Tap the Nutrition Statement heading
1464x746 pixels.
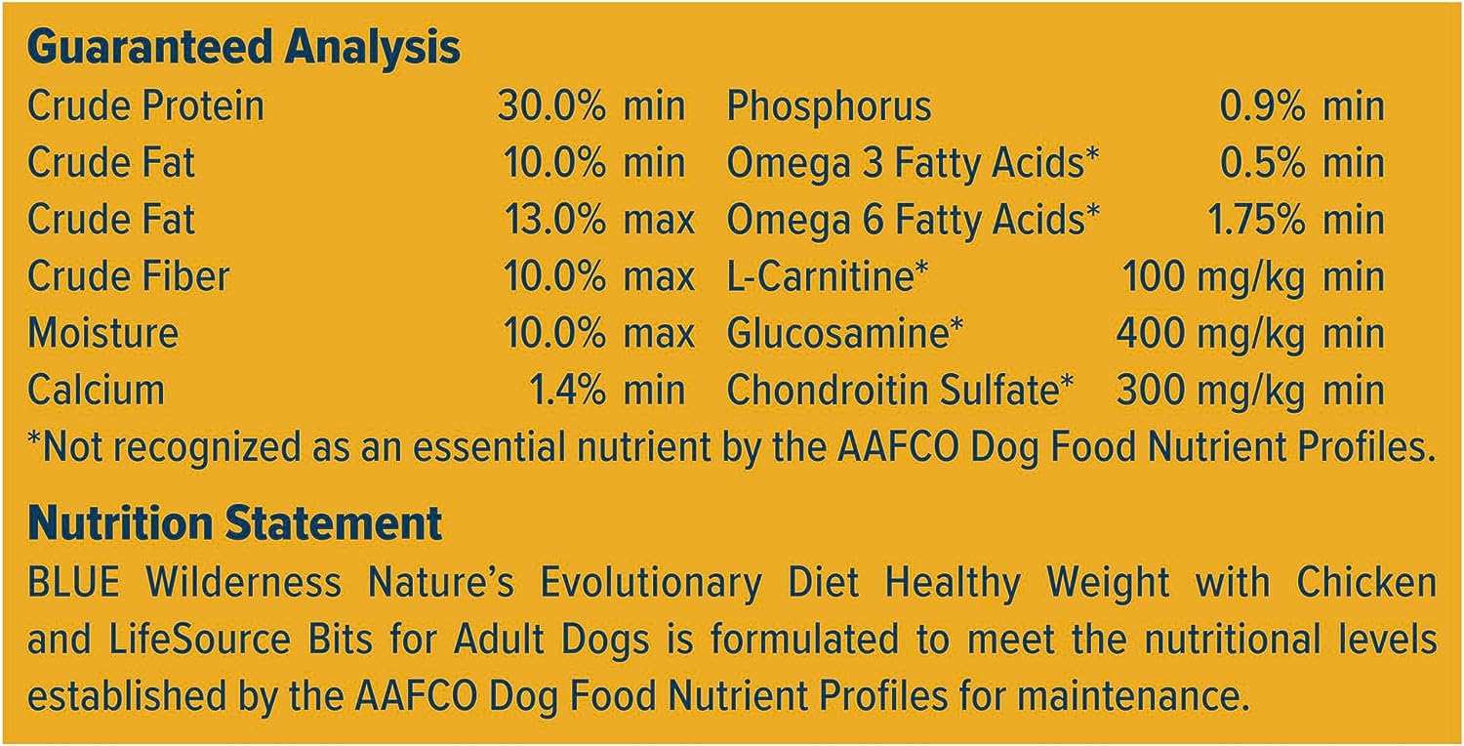click(234, 523)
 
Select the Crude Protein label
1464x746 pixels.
click(145, 105)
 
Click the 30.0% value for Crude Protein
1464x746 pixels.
click(551, 105)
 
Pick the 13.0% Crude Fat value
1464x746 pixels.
click(555, 219)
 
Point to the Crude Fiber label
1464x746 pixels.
click(128, 276)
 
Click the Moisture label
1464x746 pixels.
click(102, 333)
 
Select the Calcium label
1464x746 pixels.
click(96, 390)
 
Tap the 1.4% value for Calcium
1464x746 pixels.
click(567, 390)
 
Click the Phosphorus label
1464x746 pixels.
click(829, 105)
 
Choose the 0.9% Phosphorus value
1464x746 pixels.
click(1262, 105)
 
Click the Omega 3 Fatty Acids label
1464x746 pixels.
click(913, 163)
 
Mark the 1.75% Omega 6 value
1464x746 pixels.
click(1256, 219)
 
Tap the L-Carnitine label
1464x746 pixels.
click(828, 276)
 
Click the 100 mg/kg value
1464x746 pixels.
click(1214, 277)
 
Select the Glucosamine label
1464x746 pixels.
click(845, 333)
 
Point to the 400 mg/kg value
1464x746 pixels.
click(1210, 334)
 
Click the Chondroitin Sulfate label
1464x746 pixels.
click(900, 390)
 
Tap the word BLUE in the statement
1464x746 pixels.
click(74, 582)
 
